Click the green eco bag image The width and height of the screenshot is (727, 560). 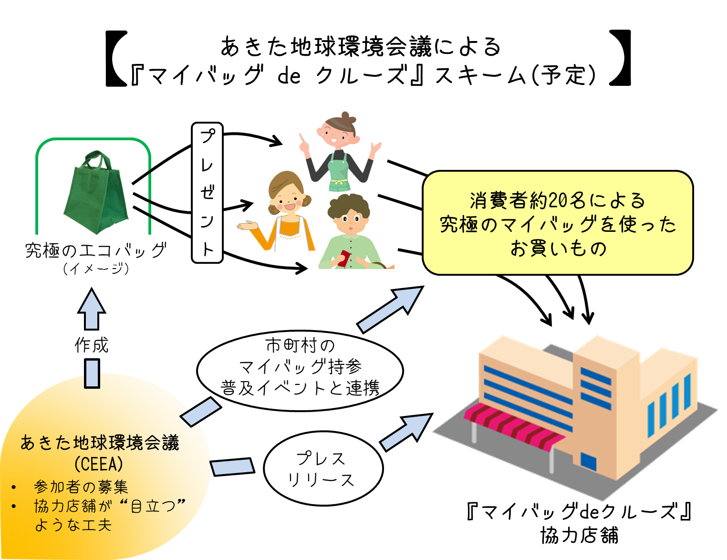pos(95,193)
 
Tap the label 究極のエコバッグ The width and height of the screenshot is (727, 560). pos(95,250)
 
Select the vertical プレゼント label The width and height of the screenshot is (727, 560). pos(207,193)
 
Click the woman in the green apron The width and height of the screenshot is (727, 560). pos(339,150)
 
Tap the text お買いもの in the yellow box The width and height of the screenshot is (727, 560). pos(558,249)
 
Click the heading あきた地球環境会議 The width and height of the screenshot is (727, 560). pos(100,443)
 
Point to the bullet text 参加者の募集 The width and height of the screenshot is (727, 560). pos(81,487)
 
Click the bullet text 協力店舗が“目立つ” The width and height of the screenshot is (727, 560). pos(110,506)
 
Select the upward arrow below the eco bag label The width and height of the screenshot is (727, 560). pos(92,310)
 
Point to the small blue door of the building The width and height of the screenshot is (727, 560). pos(588,461)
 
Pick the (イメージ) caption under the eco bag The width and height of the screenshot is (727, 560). pos(95,269)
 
